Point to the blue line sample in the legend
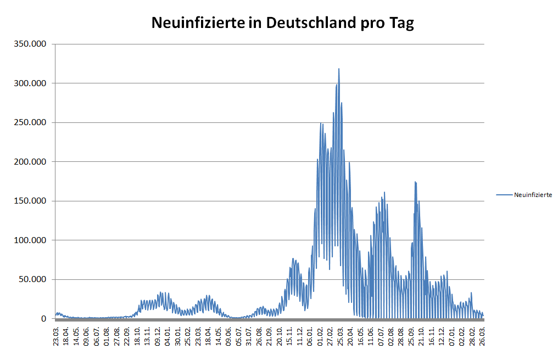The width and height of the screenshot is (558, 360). click(x=504, y=195)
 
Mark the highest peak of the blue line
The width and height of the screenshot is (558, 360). click(x=339, y=69)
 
